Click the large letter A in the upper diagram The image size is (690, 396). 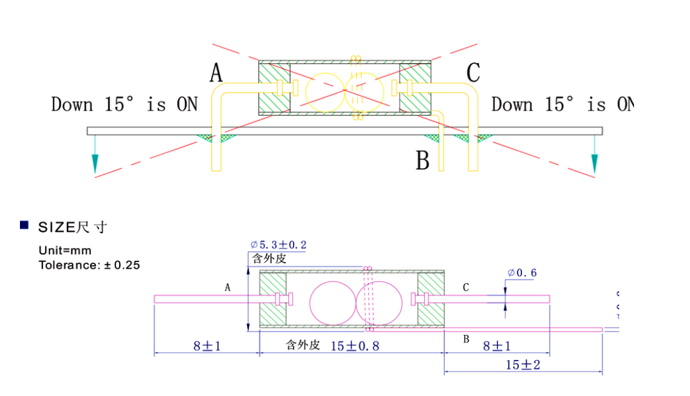216,73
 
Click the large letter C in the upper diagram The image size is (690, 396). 473,73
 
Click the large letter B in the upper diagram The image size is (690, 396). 422,160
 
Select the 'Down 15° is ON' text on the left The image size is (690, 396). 124,104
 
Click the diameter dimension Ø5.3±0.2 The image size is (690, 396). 278,245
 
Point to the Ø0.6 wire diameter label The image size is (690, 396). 522,273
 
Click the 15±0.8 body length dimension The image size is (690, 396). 355,346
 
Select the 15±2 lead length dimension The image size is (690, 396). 523,364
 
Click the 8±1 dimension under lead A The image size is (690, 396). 207,346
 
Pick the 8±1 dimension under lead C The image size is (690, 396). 496,346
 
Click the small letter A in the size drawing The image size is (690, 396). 227,288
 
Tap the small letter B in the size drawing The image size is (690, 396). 466,339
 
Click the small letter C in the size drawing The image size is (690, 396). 466,288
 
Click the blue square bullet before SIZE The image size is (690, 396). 24,225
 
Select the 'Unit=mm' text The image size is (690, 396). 65,250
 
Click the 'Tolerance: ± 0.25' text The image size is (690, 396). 89,264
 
